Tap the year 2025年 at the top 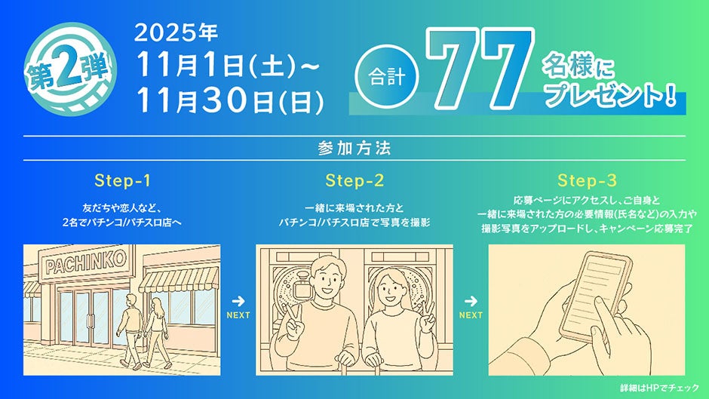[176, 32]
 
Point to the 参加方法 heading [354, 149]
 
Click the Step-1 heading [122, 180]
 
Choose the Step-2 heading [354, 180]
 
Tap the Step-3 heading [587, 180]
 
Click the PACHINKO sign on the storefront [86, 262]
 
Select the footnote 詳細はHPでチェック [659, 388]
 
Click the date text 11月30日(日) [230, 100]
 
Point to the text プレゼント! [610, 96]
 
